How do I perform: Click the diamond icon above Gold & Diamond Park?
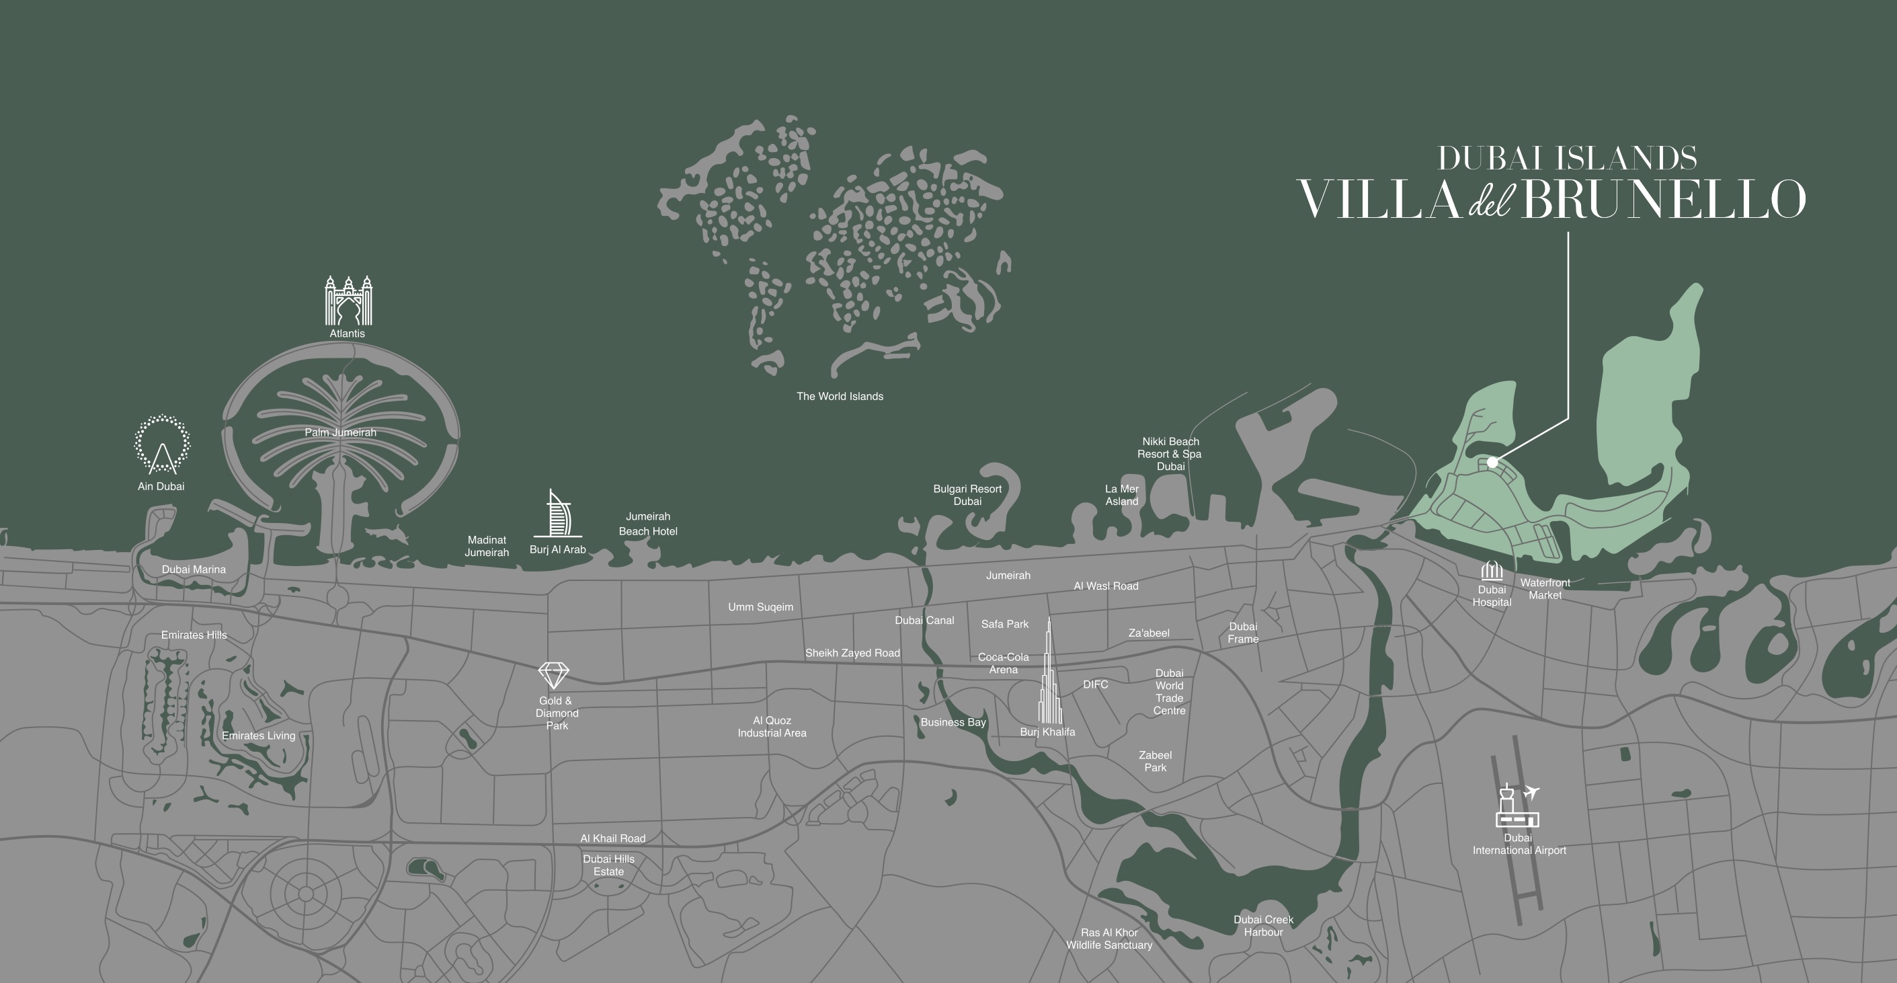point(554,674)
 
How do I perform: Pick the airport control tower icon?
point(1517,805)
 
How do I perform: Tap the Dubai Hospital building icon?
point(1491,571)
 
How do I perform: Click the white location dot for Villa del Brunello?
point(1492,463)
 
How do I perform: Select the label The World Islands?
point(840,396)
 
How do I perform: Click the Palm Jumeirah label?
point(340,432)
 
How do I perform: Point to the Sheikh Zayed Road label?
point(852,653)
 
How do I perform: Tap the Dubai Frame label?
point(1243,633)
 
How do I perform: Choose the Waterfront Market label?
point(1545,589)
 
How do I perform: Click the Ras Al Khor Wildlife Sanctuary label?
point(1109,939)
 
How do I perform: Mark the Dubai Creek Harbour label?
point(1263,926)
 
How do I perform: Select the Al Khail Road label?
point(612,838)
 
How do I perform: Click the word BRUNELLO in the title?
point(1663,200)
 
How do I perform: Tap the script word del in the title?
point(1490,200)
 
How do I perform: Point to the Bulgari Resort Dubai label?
point(967,495)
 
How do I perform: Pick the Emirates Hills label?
point(194,635)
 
